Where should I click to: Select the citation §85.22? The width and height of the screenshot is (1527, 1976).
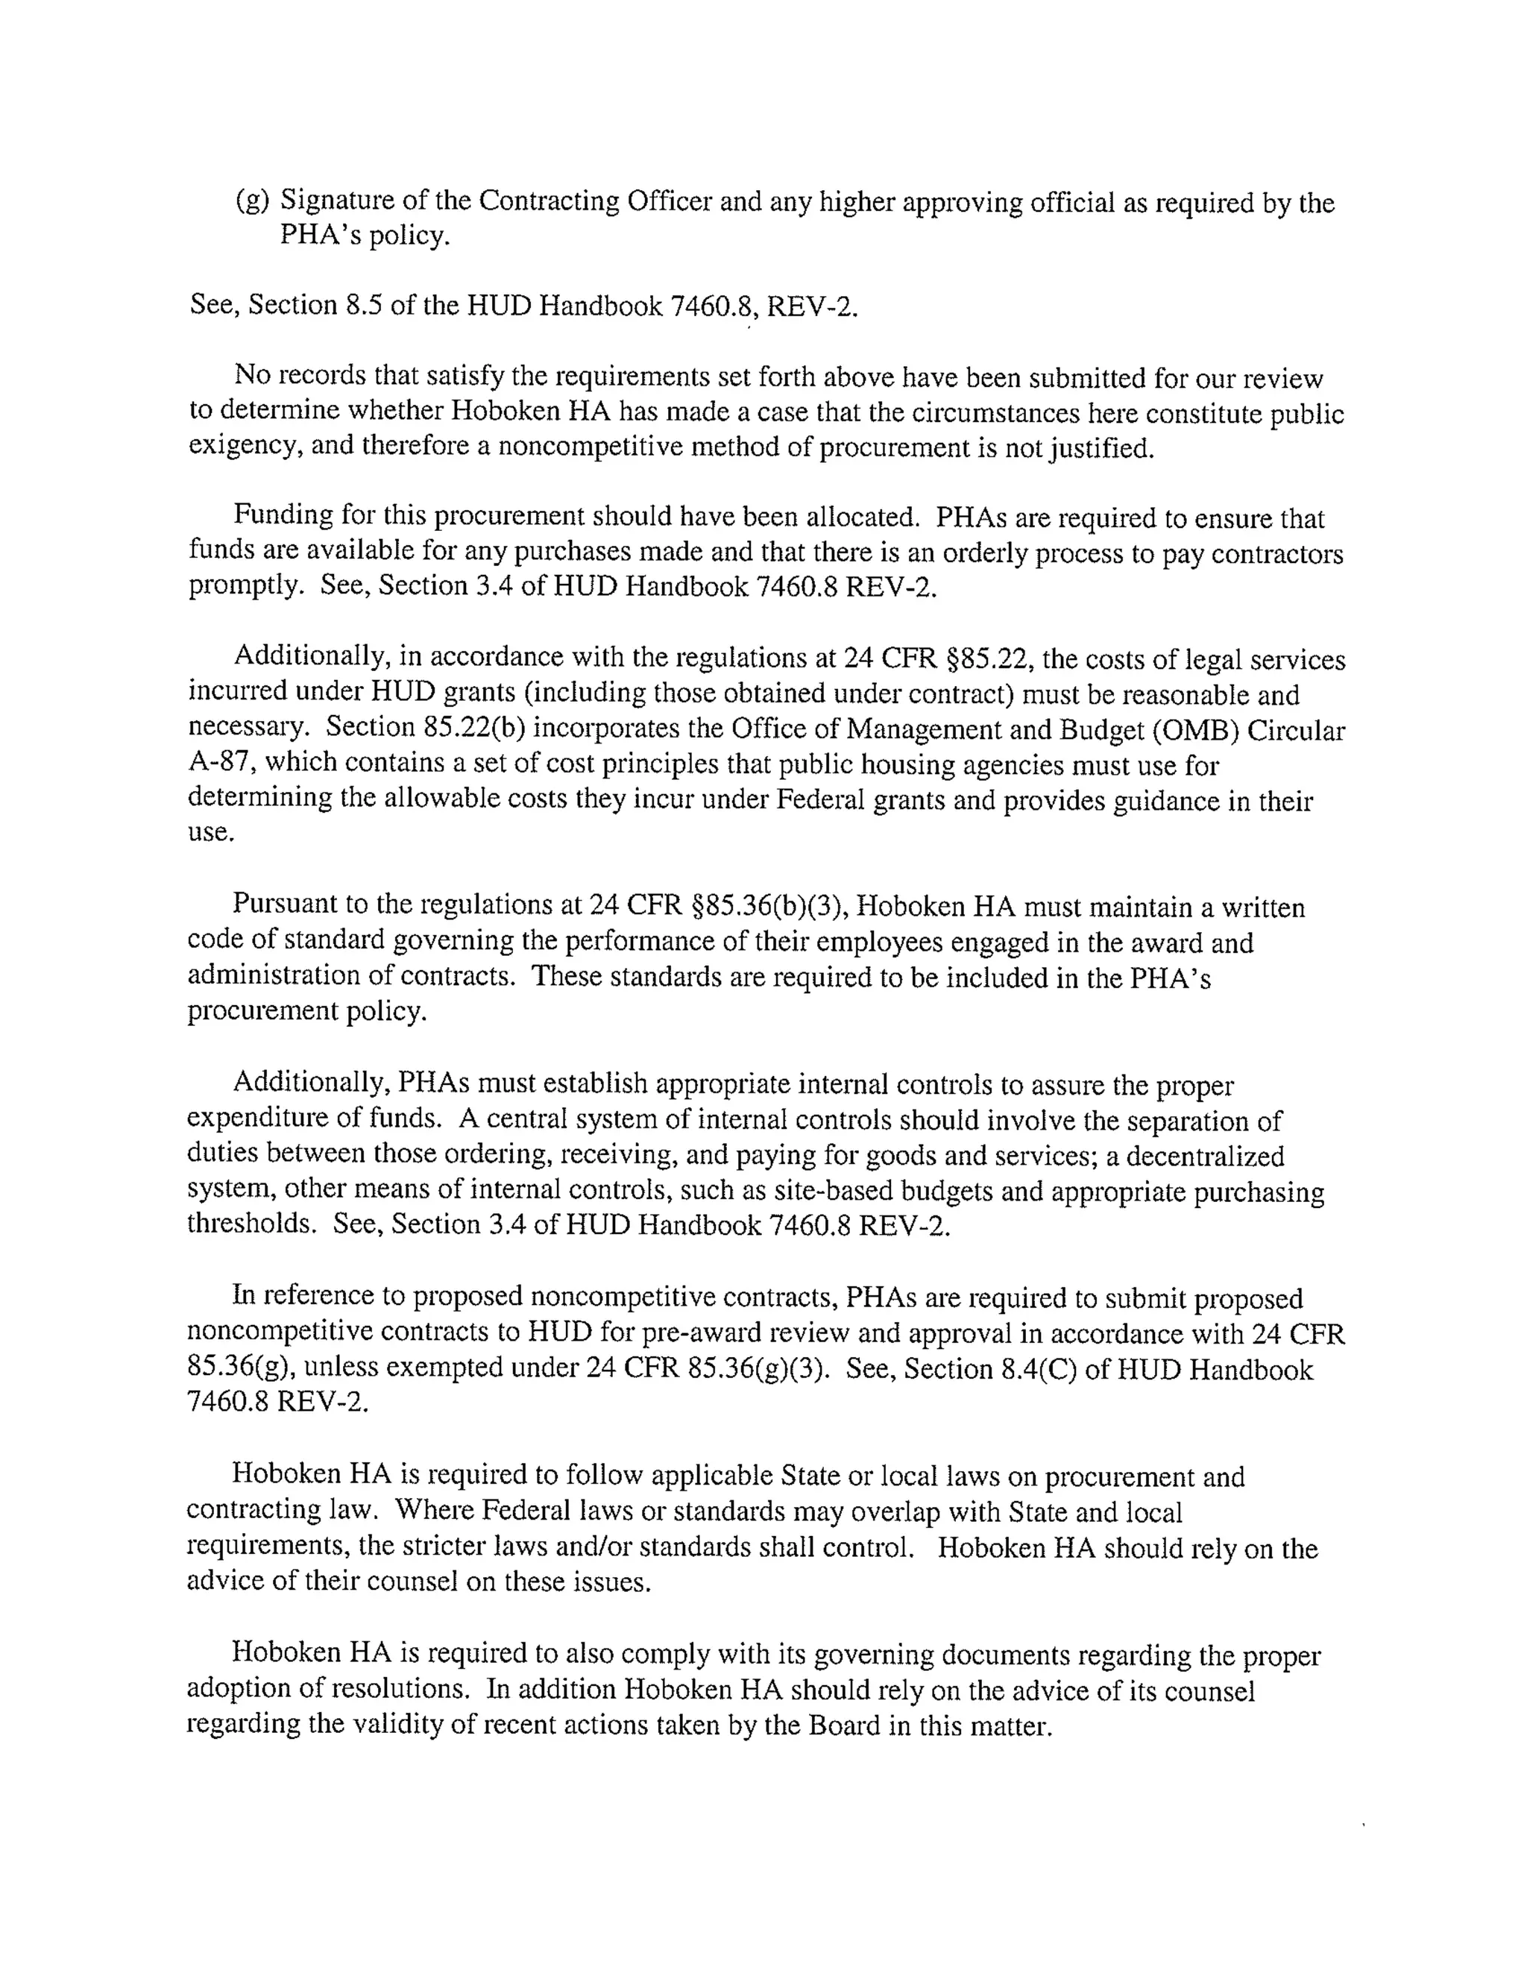[988, 658]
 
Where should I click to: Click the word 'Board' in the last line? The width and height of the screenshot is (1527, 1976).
[843, 1725]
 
